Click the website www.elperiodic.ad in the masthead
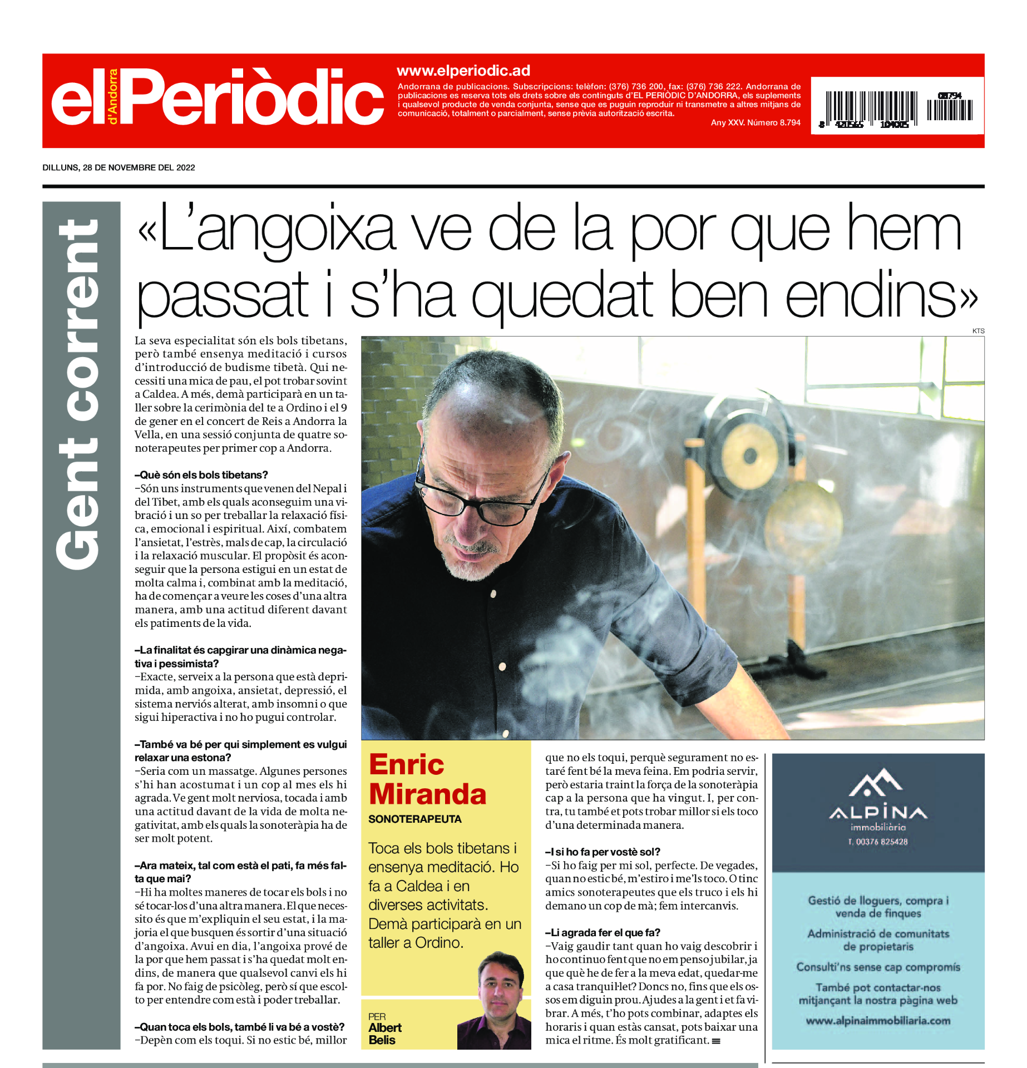[463, 71]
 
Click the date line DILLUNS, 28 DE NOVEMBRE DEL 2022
[119, 167]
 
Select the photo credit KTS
[978, 331]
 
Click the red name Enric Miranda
[427, 779]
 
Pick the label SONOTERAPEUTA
[414, 819]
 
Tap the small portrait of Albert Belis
[495, 1001]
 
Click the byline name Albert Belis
[384, 1034]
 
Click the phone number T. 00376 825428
[877, 842]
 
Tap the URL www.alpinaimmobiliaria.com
[878, 1021]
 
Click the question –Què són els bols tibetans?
[201, 475]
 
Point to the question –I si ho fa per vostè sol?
[603, 852]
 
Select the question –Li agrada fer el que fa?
[603, 932]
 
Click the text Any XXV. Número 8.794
[755, 122]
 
